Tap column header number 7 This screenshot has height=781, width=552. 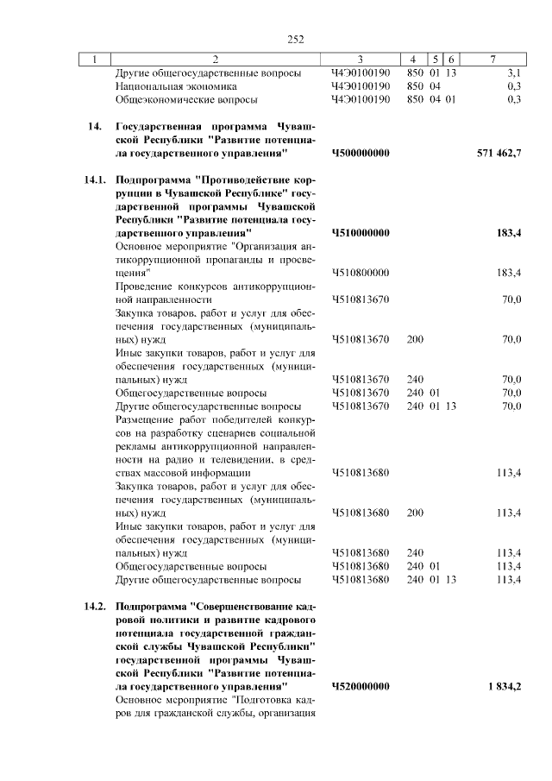coord(492,60)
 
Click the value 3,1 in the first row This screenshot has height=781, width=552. coord(514,73)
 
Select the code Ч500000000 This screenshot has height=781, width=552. coord(361,153)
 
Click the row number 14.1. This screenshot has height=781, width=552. coord(95,180)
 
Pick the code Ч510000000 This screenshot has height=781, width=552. coord(361,233)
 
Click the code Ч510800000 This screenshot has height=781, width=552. coord(361,273)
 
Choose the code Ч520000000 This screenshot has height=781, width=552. coord(361,686)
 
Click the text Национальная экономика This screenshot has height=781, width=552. coord(176,86)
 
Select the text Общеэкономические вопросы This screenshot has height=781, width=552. coord(181,99)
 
